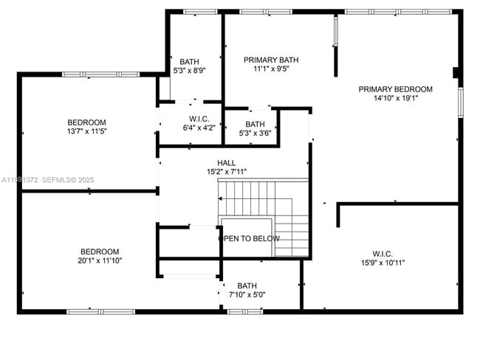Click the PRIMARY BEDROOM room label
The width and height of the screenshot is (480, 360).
click(395, 89)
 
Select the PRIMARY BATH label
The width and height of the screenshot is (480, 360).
click(271, 60)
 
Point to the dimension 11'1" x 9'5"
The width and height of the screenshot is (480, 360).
click(271, 69)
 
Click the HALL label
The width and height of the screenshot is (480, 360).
click(227, 163)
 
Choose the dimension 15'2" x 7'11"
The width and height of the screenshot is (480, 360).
click(227, 172)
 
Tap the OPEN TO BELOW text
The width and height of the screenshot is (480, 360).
click(249, 238)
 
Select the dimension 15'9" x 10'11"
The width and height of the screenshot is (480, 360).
click(383, 262)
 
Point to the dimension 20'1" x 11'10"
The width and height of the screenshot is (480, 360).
click(100, 260)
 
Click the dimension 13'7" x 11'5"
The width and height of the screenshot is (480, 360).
click(86, 131)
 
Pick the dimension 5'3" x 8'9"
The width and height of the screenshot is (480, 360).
click(190, 71)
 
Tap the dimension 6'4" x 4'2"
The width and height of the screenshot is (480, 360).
click(199, 128)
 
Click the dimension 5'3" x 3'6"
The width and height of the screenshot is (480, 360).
click(255, 134)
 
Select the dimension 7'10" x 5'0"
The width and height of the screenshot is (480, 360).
click(247, 295)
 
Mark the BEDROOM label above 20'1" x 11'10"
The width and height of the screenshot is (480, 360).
click(100, 252)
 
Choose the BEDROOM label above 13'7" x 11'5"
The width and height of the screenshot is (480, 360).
click(86, 122)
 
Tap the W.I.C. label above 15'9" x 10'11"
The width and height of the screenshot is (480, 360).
click(383, 253)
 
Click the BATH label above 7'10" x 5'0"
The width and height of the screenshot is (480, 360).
click(247, 286)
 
